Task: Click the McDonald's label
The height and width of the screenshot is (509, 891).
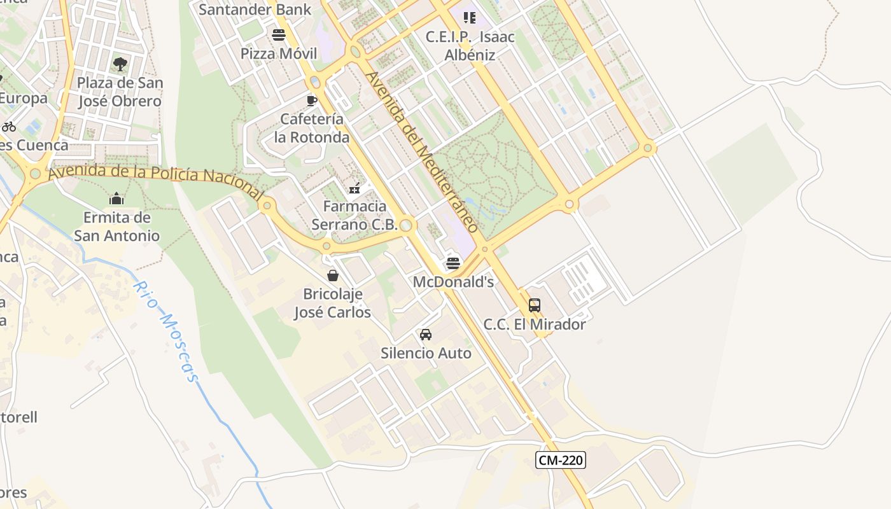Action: pyautogui.click(x=453, y=281)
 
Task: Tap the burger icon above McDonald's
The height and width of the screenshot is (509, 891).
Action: pyautogui.click(x=453, y=262)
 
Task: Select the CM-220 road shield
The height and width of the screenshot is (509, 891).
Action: pyautogui.click(x=560, y=460)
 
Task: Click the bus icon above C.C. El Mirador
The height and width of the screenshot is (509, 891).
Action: pyautogui.click(x=535, y=305)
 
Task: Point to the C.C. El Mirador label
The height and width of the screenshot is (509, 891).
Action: pyautogui.click(x=535, y=324)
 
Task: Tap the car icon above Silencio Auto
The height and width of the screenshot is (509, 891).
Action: pyautogui.click(x=426, y=335)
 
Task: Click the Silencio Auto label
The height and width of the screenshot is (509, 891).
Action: pyautogui.click(x=426, y=353)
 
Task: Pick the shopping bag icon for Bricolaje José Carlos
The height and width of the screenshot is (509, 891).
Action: pyautogui.click(x=332, y=275)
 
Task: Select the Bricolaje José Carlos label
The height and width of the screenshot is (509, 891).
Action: pyautogui.click(x=332, y=303)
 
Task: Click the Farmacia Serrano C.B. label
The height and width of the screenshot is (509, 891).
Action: pyautogui.click(x=354, y=215)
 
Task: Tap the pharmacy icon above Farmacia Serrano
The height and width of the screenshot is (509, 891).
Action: pyautogui.click(x=355, y=188)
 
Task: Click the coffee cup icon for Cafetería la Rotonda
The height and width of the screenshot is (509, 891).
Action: pyautogui.click(x=311, y=101)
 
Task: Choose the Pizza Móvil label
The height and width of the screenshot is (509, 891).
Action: pyautogui.click(x=279, y=53)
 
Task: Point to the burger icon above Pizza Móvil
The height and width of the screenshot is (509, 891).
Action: pyautogui.click(x=279, y=34)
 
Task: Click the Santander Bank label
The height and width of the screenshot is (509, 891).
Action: pyautogui.click(x=255, y=9)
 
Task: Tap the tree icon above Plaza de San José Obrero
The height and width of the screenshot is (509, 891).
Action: pyautogui.click(x=120, y=64)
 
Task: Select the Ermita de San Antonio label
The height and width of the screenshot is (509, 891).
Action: pyautogui.click(x=116, y=227)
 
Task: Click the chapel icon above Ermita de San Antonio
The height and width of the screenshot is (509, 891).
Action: pyautogui.click(x=116, y=199)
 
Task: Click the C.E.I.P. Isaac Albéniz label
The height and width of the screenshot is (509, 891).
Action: pyautogui.click(x=470, y=46)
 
